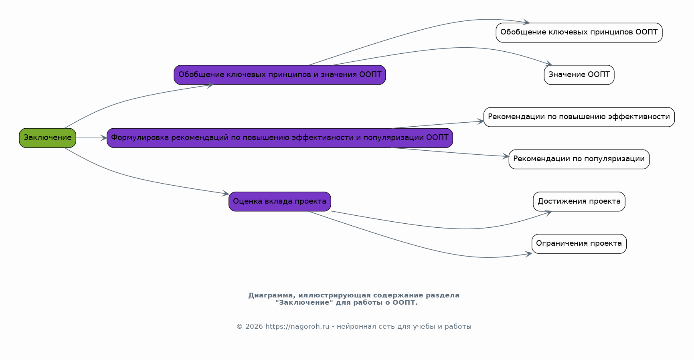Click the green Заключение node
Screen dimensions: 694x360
point(47,138)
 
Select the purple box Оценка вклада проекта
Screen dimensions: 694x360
point(280,201)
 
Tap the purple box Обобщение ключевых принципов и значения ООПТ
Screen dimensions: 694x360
point(280,75)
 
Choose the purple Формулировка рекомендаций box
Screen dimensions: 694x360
point(280,138)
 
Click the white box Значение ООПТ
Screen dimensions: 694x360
point(579,75)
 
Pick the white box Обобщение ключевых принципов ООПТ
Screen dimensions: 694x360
point(579,32)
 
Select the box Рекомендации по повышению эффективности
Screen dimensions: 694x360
point(579,117)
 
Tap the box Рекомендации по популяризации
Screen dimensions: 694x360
point(579,159)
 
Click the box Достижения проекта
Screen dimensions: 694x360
point(579,201)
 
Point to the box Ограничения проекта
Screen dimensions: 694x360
point(579,244)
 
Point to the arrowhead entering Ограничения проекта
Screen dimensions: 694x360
point(528,254)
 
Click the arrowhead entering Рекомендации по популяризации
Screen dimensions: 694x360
point(505,157)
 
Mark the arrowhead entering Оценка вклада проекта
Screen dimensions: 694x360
point(225,194)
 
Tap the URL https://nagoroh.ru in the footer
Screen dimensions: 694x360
point(297,327)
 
